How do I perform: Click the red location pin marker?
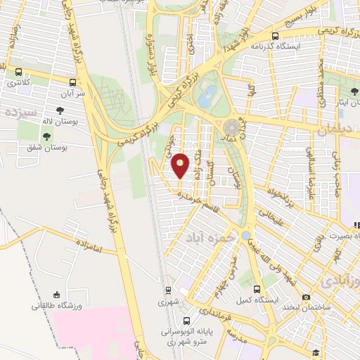tap(181, 167)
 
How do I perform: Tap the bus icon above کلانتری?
tap(18, 72)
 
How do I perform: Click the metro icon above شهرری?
tap(167, 290)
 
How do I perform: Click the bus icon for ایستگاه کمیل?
tap(257, 289)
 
